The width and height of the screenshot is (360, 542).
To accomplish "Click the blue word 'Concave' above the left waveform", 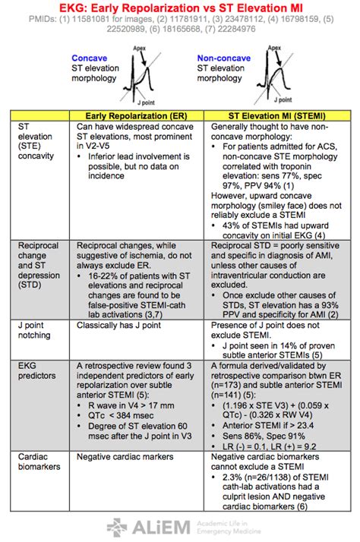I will point(87,58).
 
